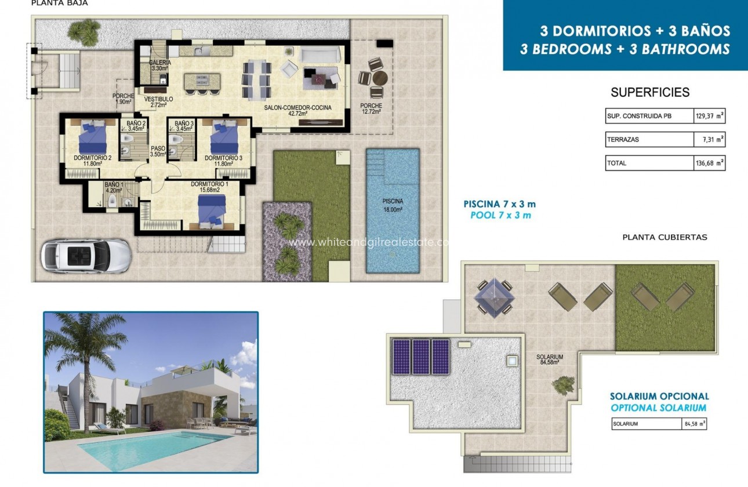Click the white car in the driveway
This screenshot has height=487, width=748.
[86, 256]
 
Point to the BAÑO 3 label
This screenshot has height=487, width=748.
[184, 126]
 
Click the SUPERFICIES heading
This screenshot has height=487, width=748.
[650, 92]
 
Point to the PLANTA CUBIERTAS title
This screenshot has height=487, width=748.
[665, 237]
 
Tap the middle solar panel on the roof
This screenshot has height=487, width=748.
[422, 357]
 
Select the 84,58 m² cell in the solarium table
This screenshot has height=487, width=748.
[693, 424]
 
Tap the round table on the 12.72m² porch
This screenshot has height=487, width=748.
[379, 78]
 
